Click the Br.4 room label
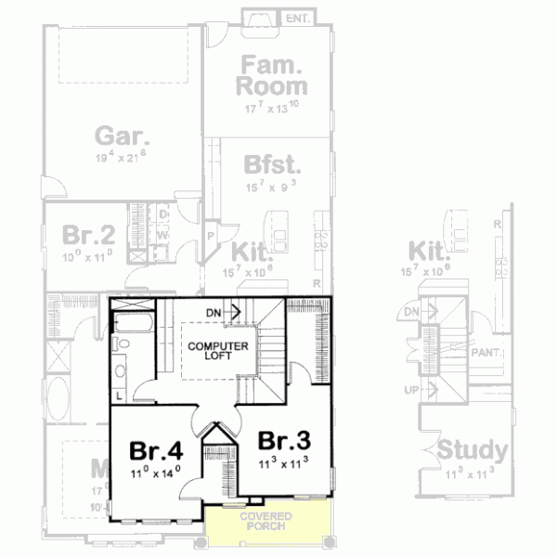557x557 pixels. tap(155, 451)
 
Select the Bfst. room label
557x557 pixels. tap(271, 165)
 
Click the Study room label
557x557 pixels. tap(472, 451)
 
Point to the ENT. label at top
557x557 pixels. tap(297, 18)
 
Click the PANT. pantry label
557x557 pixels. tap(485, 354)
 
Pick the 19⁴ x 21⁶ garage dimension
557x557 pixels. tap(121, 158)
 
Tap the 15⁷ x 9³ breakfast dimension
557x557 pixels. tap(271, 185)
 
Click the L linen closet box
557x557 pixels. tap(121, 395)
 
